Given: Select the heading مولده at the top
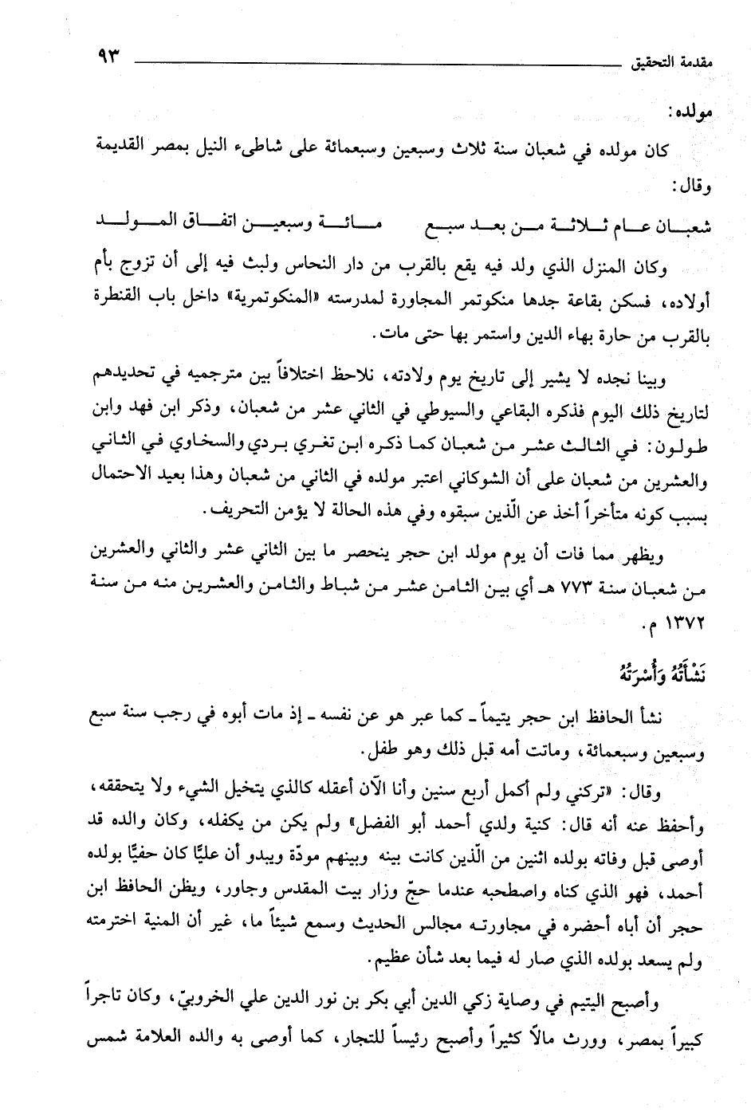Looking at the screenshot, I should [x=690, y=112].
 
